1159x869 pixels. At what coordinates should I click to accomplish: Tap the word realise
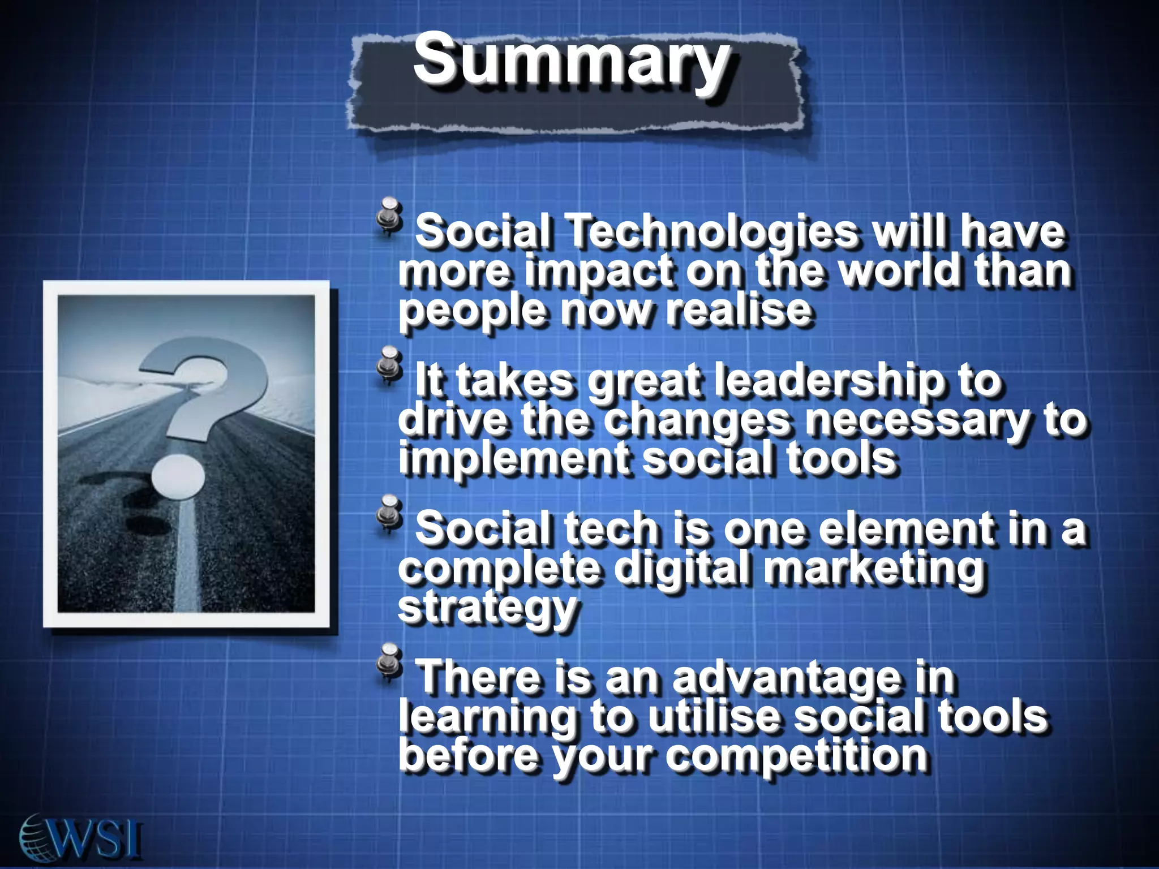click(739, 309)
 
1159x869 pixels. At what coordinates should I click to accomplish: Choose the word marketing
click(874, 569)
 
